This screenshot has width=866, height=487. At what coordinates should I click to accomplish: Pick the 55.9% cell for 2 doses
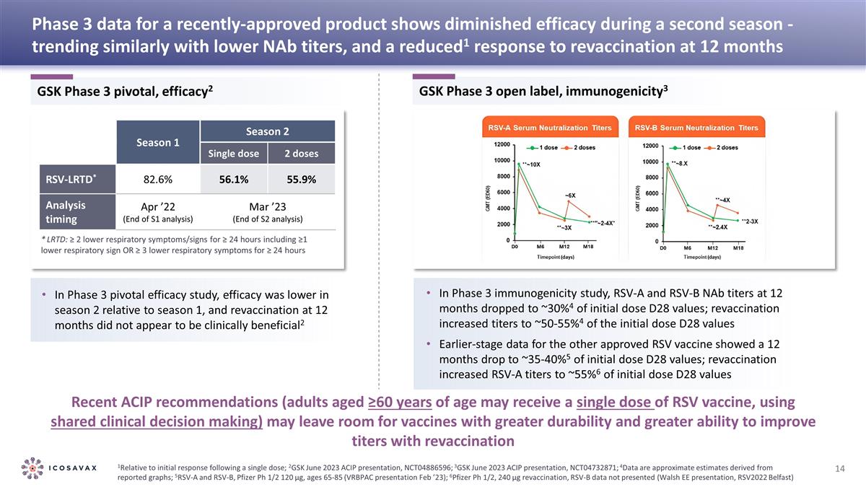[x=301, y=180]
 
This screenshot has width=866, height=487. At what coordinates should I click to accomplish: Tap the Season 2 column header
[x=268, y=131]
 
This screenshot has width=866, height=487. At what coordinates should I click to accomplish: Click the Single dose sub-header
[x=234, y=154]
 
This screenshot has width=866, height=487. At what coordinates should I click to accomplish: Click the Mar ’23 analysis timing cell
[x=268, y=211]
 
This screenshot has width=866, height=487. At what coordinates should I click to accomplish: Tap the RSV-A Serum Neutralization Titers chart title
[x=550, y=128]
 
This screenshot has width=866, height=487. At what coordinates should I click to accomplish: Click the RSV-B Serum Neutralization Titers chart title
[x=696, y=128]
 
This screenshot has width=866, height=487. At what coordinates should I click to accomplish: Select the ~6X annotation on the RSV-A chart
[x=569, y=195]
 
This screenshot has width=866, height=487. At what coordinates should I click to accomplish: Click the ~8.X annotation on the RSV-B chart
[x=681, y=163]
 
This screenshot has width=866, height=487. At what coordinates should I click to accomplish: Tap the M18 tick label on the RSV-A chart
[x=589, y=247]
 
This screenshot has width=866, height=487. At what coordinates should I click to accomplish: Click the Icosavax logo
[x=59, y=466]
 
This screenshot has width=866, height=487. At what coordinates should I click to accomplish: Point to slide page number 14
[x=839, y=470]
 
